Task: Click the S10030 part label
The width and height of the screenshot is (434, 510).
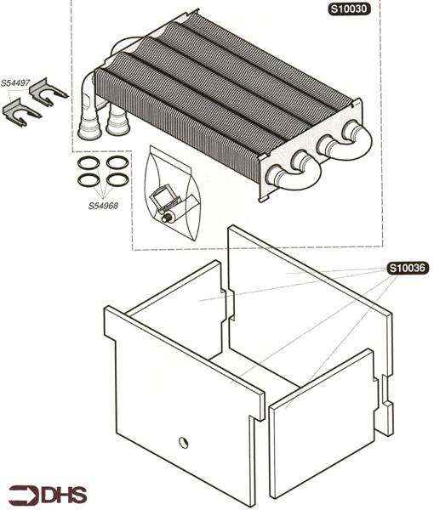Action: pos(349,8)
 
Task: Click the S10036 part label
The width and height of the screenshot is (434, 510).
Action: pos(408,268)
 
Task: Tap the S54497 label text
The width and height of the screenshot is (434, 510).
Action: pos(15,83)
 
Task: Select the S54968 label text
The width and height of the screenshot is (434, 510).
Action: pos(103,206)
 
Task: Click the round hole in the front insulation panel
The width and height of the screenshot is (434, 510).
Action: pos(184,442)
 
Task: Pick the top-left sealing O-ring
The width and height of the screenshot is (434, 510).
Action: pos(89,162)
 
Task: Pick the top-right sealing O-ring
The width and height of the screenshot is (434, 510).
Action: pos(117,162)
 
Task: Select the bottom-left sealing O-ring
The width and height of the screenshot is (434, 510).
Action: pos(89,180)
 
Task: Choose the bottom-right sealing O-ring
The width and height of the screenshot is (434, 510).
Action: pos(117,179)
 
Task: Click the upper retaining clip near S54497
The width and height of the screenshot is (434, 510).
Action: pos(48,92)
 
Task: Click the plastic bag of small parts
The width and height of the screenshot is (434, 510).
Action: pos(173,194)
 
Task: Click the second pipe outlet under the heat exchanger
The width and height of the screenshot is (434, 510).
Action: pos(117,121)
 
